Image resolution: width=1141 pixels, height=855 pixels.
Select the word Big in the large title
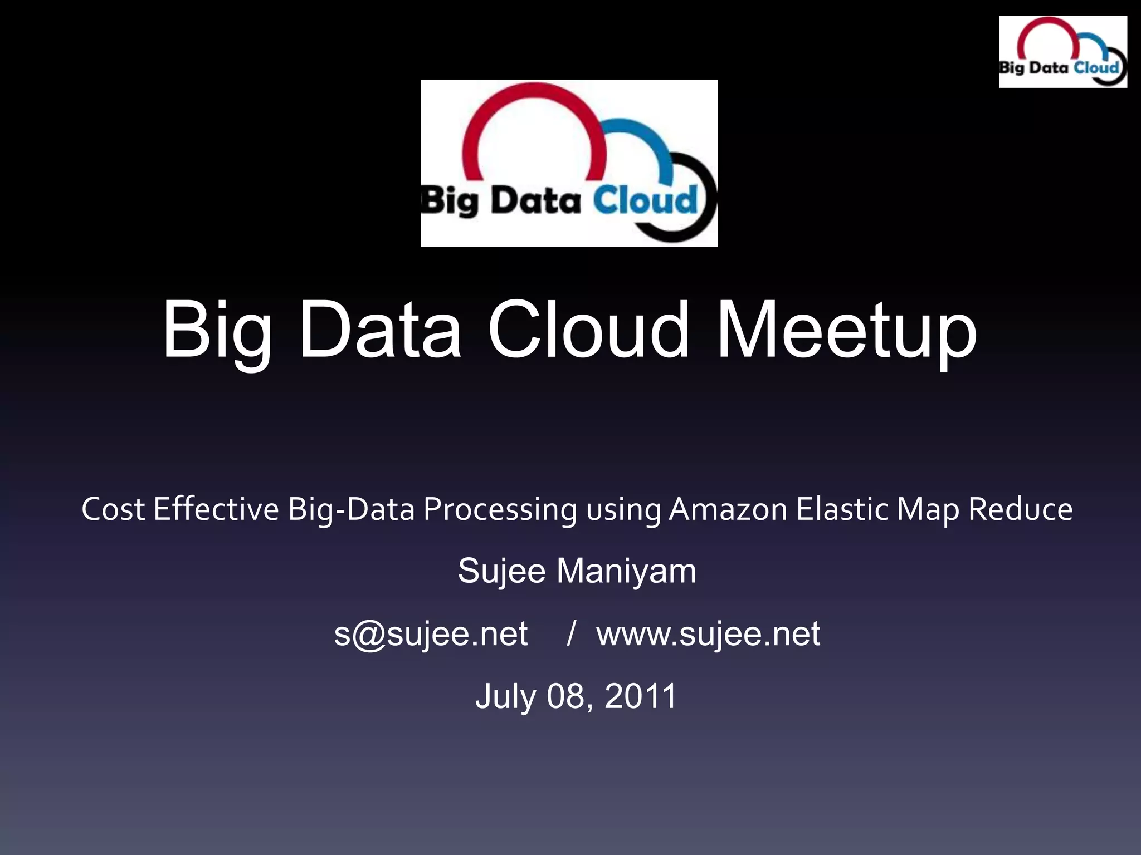pyautogui.click(x=217, y=333)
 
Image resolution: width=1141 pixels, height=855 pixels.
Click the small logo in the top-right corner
pyautogui.click(x=1062, y=52)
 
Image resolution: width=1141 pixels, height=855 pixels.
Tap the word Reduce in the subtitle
pyautogui.click(x=1020, y=509)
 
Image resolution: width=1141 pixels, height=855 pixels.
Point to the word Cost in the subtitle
pyautogui.click(x=113, y=509)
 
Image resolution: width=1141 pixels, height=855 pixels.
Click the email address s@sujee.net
pyautogui.click(x=431, y=633)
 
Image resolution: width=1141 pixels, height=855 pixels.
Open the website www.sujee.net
pyautogui.click(x=708, y=633)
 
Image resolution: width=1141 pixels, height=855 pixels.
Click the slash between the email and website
pyautogui.click(x=571, y=633)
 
